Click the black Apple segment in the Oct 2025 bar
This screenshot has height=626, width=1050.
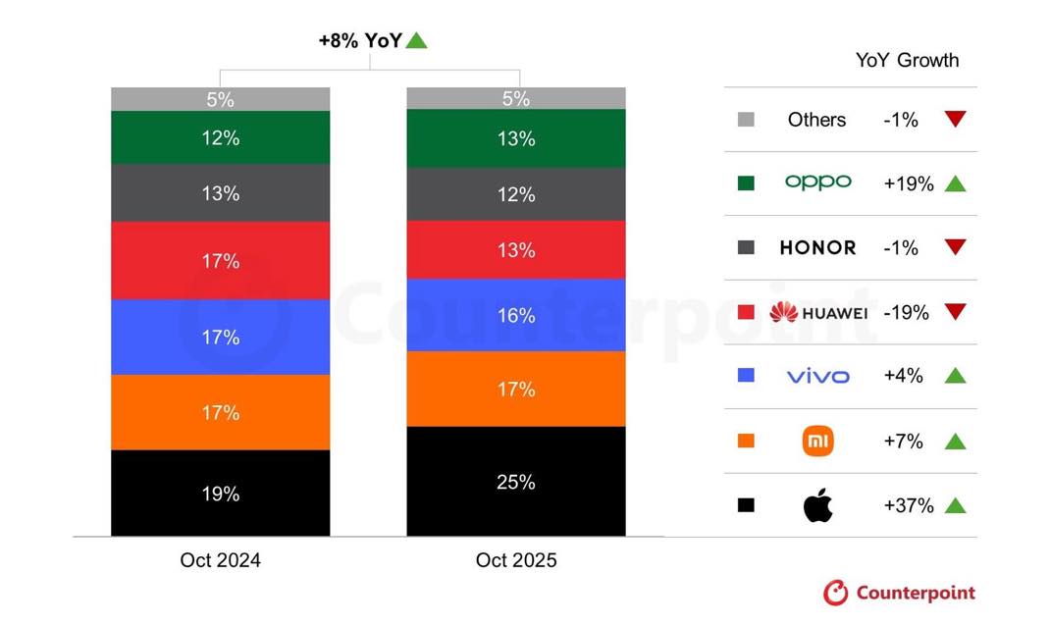click(x=516, y=481)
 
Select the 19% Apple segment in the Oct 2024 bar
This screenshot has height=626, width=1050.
click(x=220, y=493)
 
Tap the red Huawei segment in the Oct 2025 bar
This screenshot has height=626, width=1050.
click(x=516, y=250)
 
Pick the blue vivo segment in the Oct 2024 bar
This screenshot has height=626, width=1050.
click(x=220, y=337)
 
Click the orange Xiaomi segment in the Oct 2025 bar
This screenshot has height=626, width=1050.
click(x=516, y=389)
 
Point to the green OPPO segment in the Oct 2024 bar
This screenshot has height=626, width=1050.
click(x=220, y=137)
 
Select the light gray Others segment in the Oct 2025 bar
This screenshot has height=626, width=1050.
click(x=516, y=98)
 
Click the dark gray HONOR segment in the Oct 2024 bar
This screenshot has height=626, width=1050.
click(x=220, y=193)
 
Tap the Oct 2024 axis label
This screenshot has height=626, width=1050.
click(x=220, y=560)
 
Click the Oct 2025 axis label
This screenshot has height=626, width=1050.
click(x=516, y=560)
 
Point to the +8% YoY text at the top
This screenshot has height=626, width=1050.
click(x=360, y=40)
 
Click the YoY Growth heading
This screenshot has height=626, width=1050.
click(x=907, y=60)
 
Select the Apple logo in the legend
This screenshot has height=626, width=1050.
click(x=817, y=506)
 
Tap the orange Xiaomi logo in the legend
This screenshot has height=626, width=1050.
click(x=817, y=442)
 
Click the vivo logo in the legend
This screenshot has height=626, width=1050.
click(x=817, y=377)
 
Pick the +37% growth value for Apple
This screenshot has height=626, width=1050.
click(x=908, y=506)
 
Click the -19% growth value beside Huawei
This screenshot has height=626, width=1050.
click(x=905, y=313)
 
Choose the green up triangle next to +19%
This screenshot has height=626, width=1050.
click(x=955, y=183)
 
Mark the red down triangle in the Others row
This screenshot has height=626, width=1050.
click(x=955, y=120)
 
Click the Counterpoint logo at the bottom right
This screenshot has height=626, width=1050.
click(x=900, y=593)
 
